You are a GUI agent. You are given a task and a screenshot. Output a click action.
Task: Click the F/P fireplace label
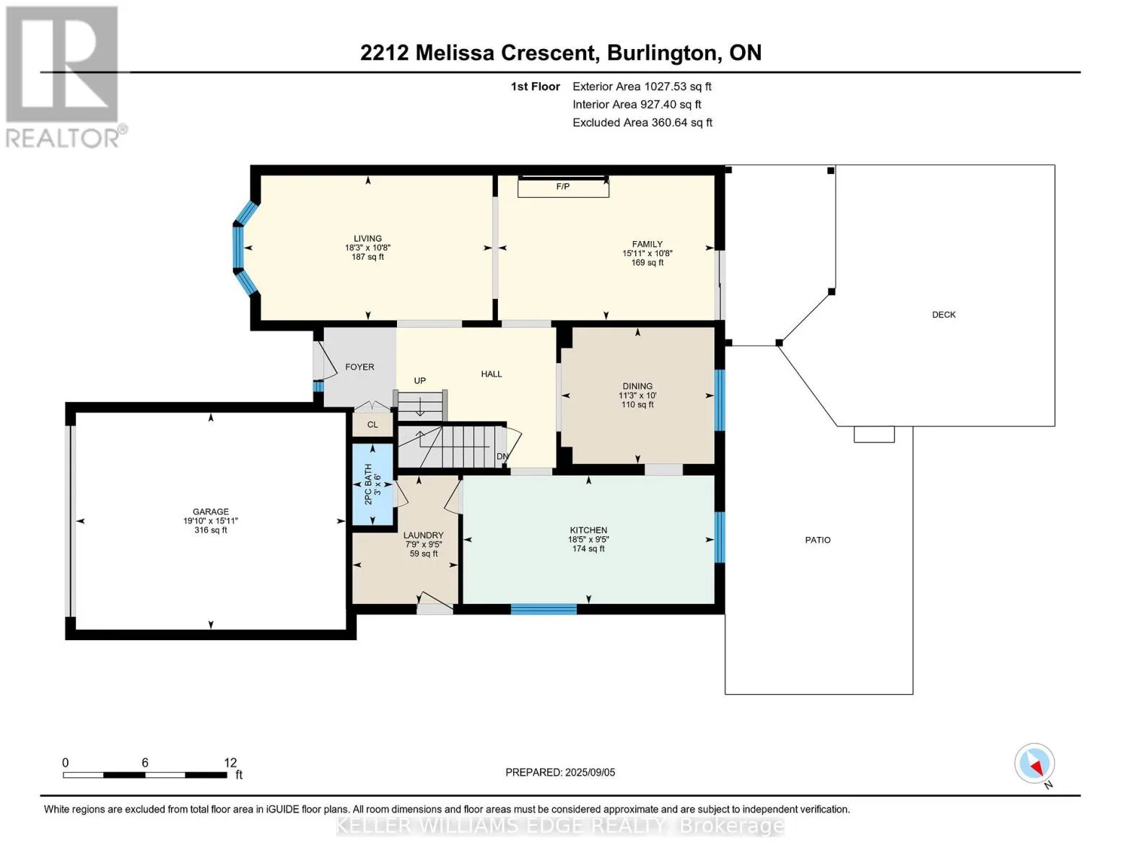pos(563,186)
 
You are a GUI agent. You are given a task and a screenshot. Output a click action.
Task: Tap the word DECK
pos(943,315)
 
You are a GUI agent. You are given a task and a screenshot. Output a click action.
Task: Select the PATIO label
pos(818,540)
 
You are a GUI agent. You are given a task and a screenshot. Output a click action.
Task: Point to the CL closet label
pos(372,424)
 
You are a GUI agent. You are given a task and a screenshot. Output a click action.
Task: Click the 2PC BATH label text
pos(368,484)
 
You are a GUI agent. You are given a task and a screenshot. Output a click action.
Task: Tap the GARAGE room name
pos(211,512)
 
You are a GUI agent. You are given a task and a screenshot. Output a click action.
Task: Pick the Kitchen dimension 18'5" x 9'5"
pos(588,540)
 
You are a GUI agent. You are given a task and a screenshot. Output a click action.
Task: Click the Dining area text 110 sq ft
pos(637,404)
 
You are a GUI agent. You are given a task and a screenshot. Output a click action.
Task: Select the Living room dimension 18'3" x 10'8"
pos(367,248)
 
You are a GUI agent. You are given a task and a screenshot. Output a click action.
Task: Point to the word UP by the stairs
pos(420,380)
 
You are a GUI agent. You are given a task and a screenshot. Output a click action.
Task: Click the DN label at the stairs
pos(502,457)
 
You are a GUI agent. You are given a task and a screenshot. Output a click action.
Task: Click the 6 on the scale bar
pos(145,763)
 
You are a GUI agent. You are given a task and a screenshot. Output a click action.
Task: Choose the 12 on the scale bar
pos(230,763)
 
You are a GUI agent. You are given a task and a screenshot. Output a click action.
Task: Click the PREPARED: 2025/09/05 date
pos(560,772)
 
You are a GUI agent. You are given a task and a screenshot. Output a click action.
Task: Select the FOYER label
pos(359,367)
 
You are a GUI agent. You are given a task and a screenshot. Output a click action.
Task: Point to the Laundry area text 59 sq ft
pos(424,554)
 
